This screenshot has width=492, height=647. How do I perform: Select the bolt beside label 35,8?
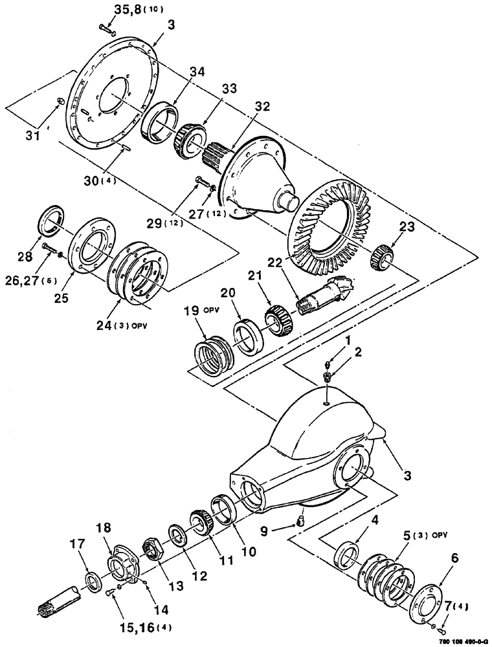click(x=107, y=28)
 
